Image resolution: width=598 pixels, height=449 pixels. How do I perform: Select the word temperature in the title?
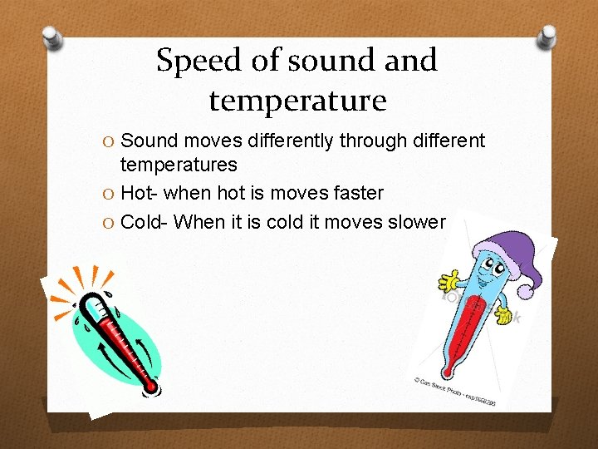point(297,101)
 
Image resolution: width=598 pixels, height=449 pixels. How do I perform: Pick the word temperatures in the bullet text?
point(179,165)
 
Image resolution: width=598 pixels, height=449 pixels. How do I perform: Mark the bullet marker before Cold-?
point(110,223)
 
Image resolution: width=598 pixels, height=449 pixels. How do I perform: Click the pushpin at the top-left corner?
point(52,38)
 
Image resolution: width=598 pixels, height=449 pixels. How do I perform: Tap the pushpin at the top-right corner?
point(547,36)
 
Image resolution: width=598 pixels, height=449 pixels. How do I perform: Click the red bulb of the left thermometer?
point(150,387)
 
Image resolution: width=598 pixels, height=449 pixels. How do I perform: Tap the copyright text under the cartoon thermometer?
point(455,391)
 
